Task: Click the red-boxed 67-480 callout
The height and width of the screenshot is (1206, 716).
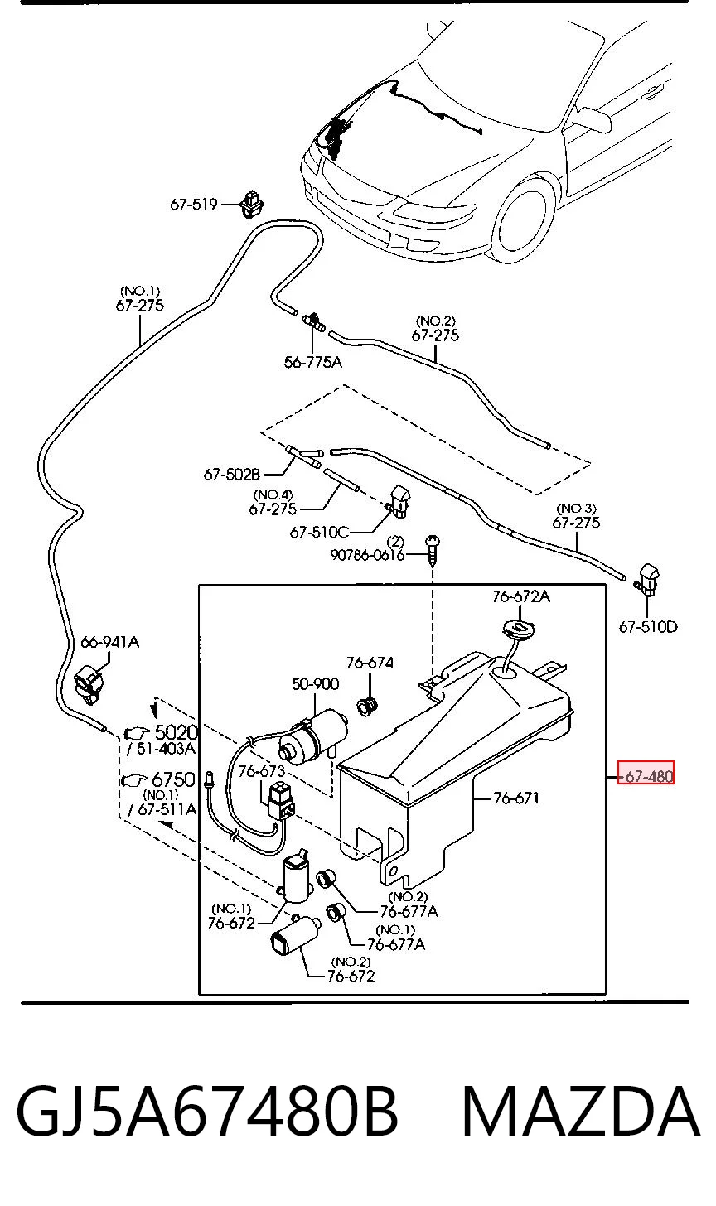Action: [x=646, y=776]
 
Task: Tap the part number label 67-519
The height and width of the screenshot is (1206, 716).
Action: [x=193, y=205]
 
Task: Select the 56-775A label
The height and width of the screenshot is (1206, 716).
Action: [x=313, y=362]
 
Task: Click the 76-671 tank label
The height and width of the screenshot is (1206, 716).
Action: [x=516, y=798]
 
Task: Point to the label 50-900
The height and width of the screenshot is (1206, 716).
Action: [x=315, y=684]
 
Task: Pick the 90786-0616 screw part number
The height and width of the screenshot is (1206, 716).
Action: [x=367, y=555]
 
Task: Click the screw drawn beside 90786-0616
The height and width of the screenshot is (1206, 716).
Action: [x=433, y=548]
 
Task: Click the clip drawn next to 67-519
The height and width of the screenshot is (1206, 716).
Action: [x=252, y=204]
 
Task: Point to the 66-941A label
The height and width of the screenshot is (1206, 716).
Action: [x=109, y=642]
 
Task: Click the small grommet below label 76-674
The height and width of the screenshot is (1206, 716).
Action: [x=369, y=706]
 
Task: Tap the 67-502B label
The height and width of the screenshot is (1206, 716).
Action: [x=232, y=475]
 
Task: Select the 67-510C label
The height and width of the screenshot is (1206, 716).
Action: [x=320, y=533]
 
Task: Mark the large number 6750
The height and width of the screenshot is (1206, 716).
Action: [x=173, y=779]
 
